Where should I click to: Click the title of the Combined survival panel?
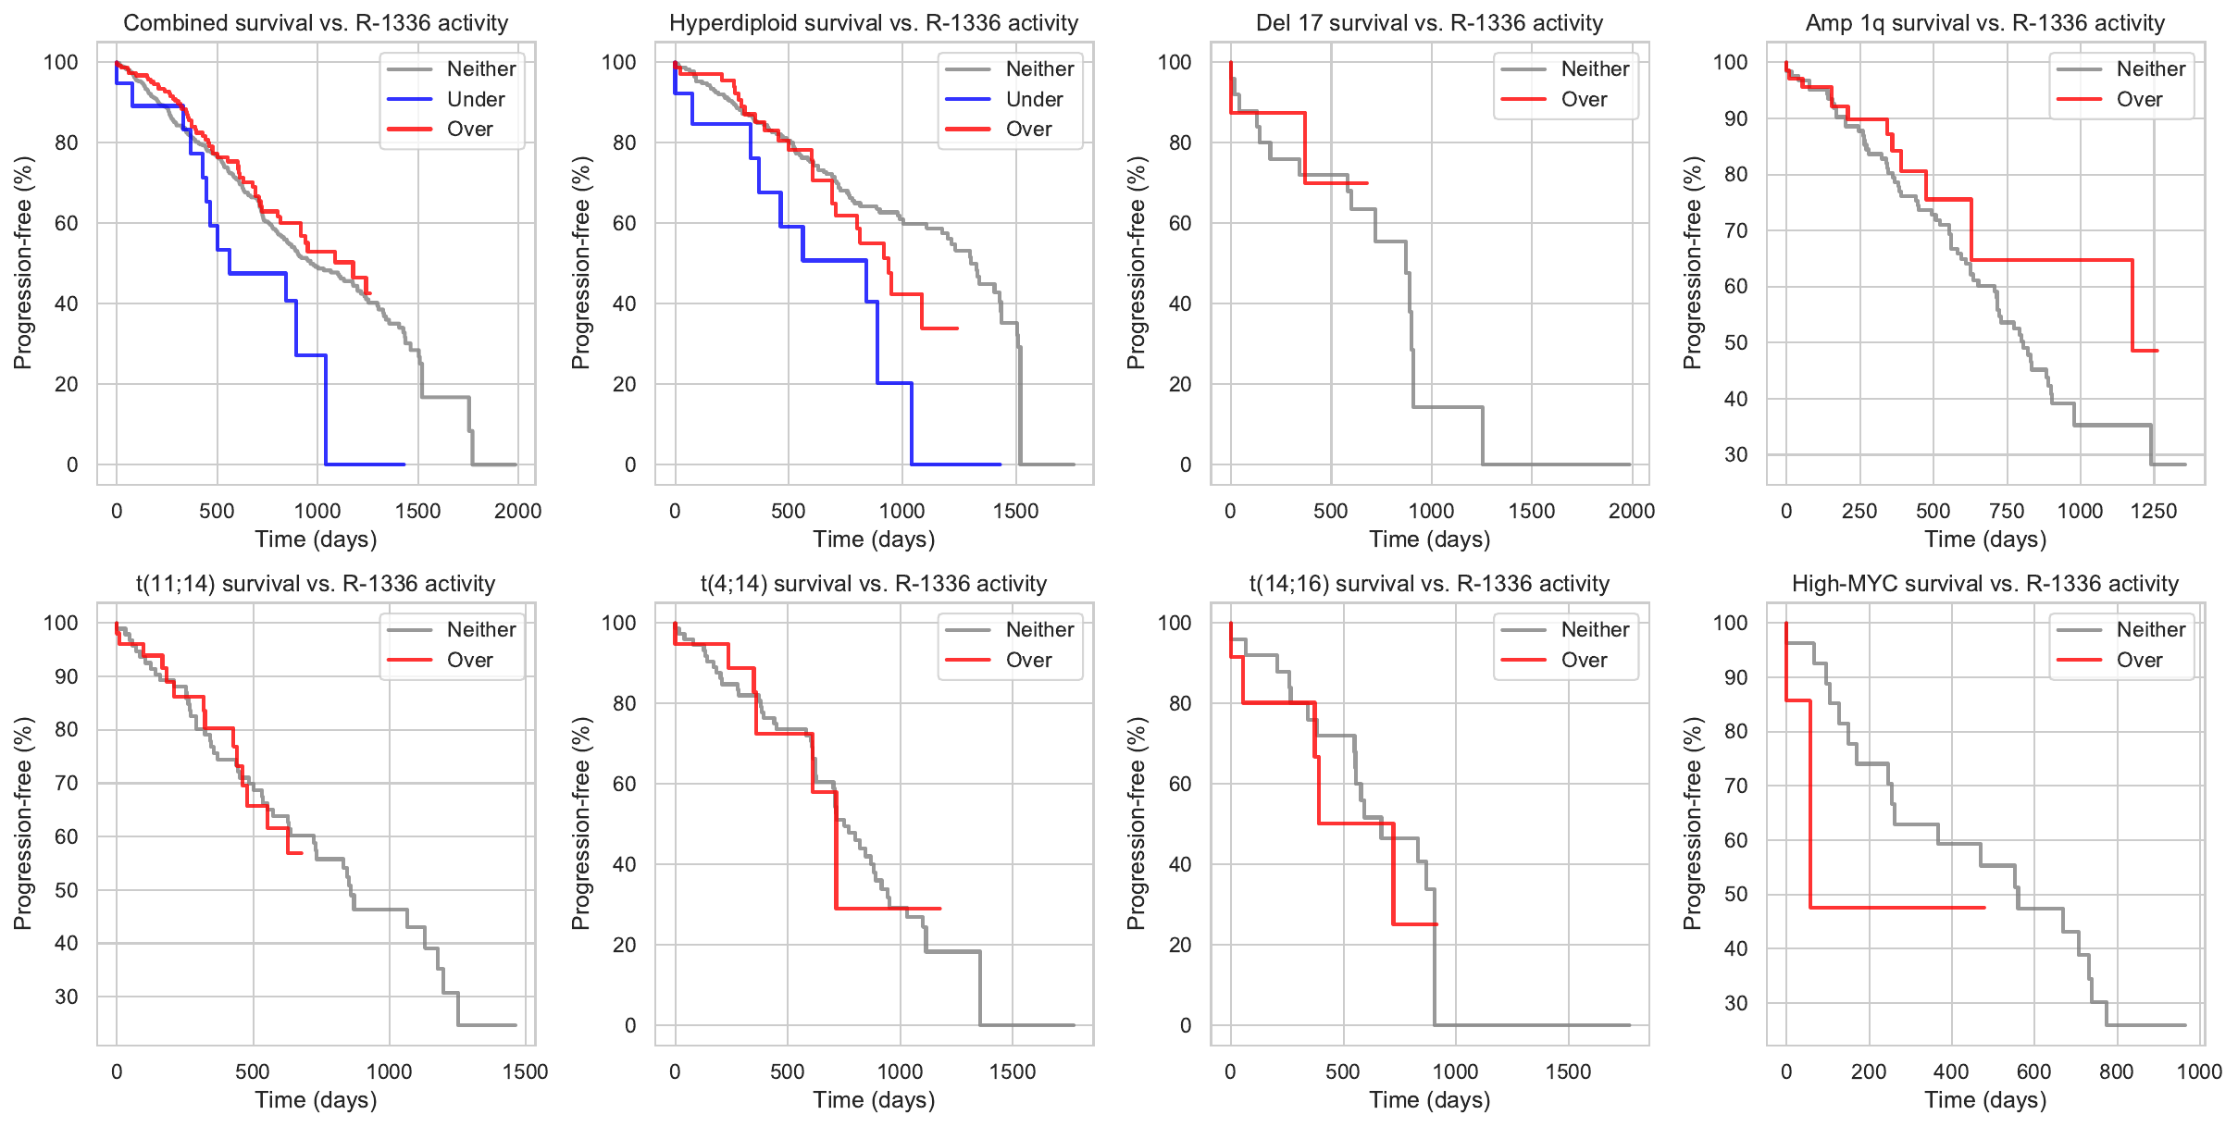click(x=316, y=23)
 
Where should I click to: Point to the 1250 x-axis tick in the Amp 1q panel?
click(x=2153, y=511)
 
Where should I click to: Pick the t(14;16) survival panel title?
click(x=1429, y=584)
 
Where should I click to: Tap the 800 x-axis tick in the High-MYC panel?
click(x=2116, y=1071)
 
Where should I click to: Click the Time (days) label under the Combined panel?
click(x=316, y=539)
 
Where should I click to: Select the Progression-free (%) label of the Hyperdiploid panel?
click(x=580, y=263)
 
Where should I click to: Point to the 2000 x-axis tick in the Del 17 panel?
click(x=1631, y=511)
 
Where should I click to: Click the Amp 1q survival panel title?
click(x=1984, y=23)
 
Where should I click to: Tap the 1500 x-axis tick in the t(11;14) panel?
click(x=525, y=1071)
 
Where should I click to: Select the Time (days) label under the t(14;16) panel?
click(x=1429, y=1100)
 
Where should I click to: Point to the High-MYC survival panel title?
click(x=1984, y=584)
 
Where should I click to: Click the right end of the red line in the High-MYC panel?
click(x=1984, y=908)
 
